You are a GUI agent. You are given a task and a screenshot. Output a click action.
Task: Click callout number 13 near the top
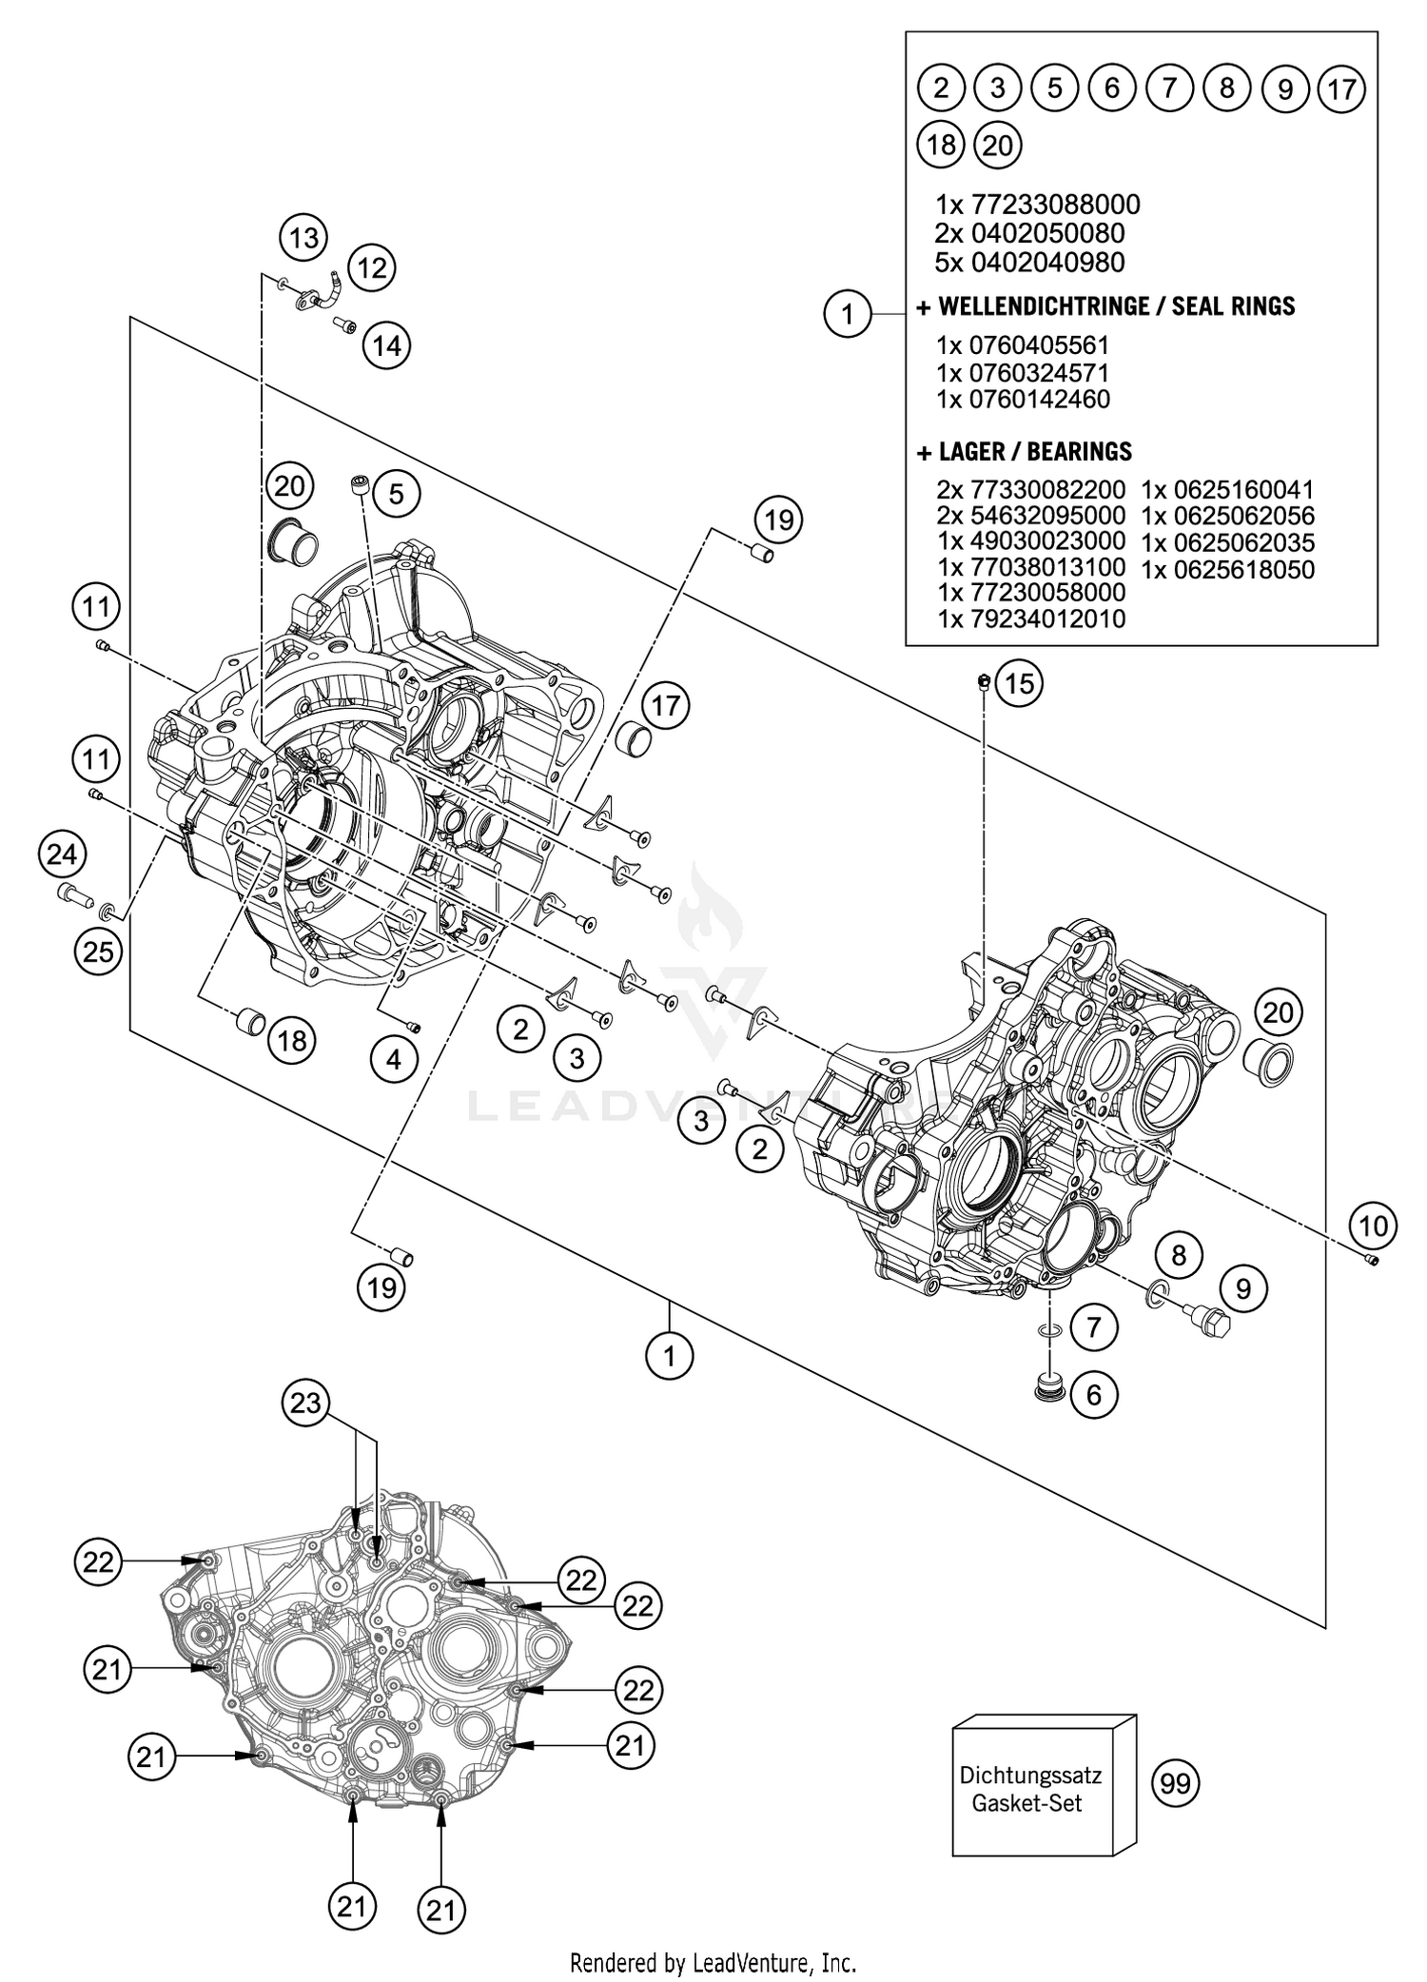coord(303,236)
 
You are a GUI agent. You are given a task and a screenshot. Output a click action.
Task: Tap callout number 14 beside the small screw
coord(386,345)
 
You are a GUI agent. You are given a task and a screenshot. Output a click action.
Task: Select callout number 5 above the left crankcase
coord(396,493)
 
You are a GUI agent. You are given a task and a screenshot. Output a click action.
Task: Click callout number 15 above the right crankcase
coord(1019,683)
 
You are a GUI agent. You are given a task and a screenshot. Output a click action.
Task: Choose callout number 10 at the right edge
coord(1373,1226)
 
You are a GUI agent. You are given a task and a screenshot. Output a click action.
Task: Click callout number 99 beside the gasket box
coord(1176,1782)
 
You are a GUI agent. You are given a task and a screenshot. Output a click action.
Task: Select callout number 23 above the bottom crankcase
coord(305,1403)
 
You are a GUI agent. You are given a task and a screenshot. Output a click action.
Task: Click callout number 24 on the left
coord(62,854)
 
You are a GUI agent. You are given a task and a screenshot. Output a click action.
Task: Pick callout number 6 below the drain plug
coord(1093,1395)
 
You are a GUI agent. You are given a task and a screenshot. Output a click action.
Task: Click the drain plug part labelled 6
coord(1049,1387)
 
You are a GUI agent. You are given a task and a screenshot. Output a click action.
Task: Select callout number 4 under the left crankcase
coord(394,1059)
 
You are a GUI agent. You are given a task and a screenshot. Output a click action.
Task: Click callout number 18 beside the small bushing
coord(291,1040)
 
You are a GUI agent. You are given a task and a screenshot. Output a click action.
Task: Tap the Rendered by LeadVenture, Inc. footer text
coord(713,1962)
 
